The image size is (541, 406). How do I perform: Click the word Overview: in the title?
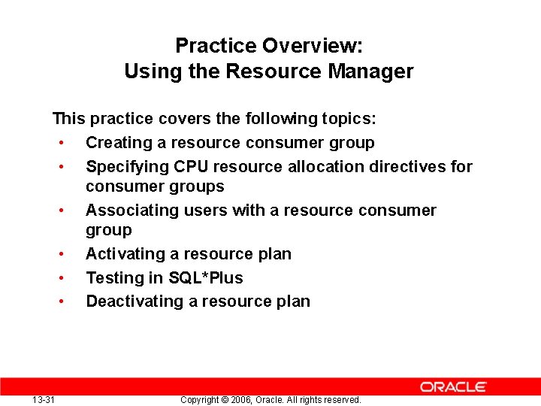(313, 46)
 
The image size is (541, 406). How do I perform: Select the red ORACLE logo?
(453, 387)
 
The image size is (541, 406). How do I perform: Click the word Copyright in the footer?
(199, 400)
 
